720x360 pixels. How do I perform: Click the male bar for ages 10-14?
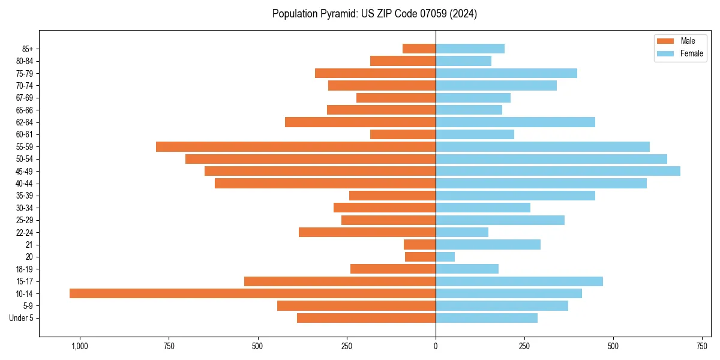[252, 293]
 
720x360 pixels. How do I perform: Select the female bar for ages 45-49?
[558, 171]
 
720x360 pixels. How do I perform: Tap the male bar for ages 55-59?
[296, 146]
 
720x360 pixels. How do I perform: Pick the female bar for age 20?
[445, 257]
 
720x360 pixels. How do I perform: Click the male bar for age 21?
[419, 244]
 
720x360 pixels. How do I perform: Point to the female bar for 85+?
[470, 49]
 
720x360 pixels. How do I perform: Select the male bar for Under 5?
[366, 318]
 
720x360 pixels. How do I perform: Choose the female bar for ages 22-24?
[462, 232]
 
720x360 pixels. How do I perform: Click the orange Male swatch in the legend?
[666, 41]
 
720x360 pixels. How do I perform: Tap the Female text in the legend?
[692, 53]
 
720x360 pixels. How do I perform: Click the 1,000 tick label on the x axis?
[80, 346]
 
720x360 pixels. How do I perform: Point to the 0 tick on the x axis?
[436, 346]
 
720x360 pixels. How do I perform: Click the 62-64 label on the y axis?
[25, 122]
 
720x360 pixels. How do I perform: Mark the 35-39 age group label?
[25, 196]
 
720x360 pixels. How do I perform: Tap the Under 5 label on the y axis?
[21, 318]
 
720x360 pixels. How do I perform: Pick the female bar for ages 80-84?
[463, 61]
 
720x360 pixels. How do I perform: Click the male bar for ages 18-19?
[392, 269]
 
